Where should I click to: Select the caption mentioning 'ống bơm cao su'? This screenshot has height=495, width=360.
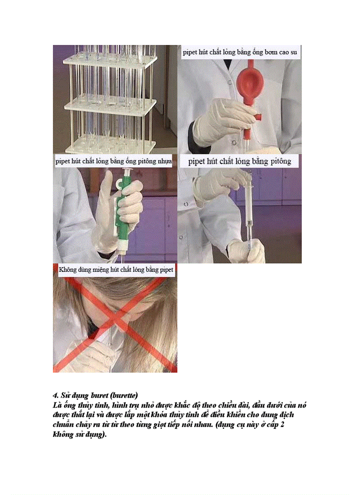pyautogui.click(x=240, y=52)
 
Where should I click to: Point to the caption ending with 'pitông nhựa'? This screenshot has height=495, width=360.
pyautogui.click(x=113, y=161)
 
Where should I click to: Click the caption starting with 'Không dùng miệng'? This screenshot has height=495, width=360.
pyautogui.click(x=116, y=268)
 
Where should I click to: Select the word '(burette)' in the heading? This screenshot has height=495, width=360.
pyautogui.click(x=124, y=395)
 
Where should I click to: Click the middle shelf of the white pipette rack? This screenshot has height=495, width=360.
pyautogui.click(x=110, y=106)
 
